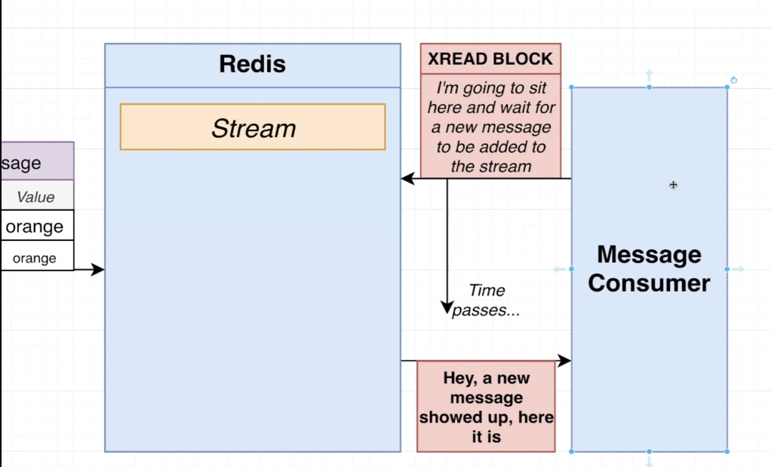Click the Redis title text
point(252,64)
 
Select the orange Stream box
point(253,127)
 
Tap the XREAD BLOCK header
point(490,59)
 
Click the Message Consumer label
point(649,269)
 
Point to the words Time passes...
point(486,300)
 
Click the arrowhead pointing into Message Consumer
point(564,361)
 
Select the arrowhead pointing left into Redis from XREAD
point(407,179)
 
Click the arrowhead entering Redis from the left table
point(97,269)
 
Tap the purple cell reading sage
point(38,161)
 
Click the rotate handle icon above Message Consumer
point(733,80)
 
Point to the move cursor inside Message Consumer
point(673,185)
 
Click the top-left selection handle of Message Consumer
point(571,87)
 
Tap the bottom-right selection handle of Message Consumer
point(727,451)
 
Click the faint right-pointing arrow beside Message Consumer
point(739,269)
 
